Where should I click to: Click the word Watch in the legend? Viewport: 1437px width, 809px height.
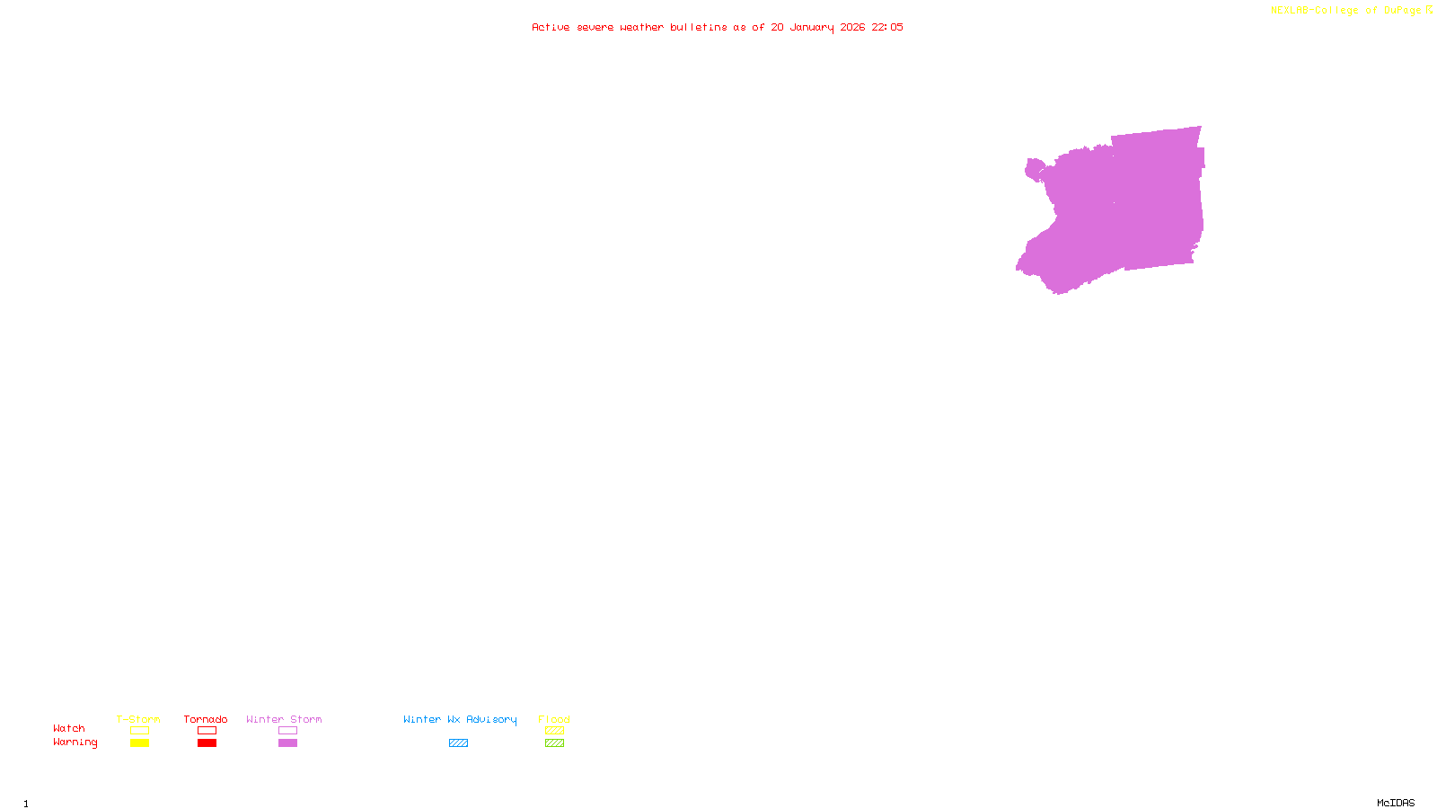click(x=69, y=729)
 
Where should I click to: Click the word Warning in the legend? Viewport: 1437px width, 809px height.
click(x=75, y=742)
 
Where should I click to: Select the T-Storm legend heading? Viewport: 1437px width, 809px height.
click(x=138, y=719)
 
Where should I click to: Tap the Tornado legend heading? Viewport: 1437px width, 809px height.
click(x=206, y=719)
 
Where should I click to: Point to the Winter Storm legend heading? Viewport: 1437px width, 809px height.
click(x=284, y=719)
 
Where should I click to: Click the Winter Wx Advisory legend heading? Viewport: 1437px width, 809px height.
click(x=460, y=719)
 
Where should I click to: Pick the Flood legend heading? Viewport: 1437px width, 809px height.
click(x=554, y=719)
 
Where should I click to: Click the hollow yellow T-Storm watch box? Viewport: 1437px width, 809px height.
click(x=139, y=731)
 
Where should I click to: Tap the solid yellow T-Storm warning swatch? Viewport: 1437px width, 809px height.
click(x=139, y=743)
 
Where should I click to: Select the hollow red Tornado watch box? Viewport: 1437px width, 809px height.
click(x=207, y=731)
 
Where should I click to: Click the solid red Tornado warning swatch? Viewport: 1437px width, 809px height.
click(x=207, y=743)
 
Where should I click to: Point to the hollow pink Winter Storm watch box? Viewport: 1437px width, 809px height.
click(x=287, y=731)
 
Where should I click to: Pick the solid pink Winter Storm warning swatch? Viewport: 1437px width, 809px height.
click(x=287, y=743)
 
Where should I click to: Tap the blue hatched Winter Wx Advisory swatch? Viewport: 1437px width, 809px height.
click(x=458, y=743)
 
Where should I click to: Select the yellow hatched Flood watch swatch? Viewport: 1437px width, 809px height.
click(x=554, y=731)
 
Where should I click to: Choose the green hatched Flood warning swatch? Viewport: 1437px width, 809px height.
click(x=554, y=743)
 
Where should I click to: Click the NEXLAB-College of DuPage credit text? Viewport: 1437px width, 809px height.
click(x=1345, y=11)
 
